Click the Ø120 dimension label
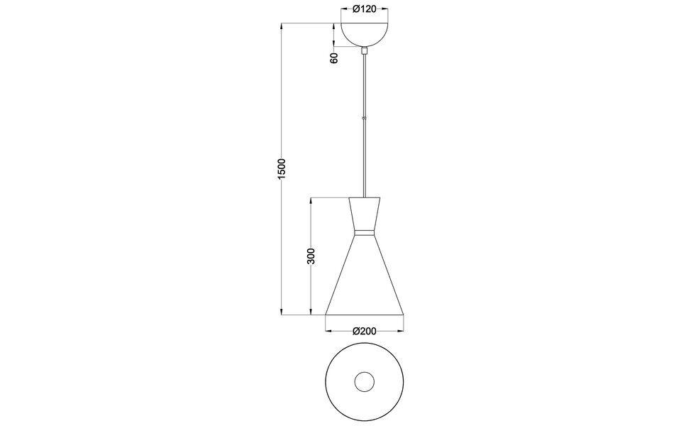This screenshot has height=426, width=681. pyautogui.click(x=365, y=10)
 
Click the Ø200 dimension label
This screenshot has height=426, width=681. pyautogui.click(x=364, y=331)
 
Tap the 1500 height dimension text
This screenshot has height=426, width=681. pyautogui.click(x=281, y=168)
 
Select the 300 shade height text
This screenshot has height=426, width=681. pyautogui.click(x=311, y=256)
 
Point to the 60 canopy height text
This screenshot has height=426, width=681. pyautogui.click(x=334, y=58)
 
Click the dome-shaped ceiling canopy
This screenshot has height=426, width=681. pyautogui.click(x=365, y=34)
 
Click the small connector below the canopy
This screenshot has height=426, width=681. pyautogui.click(x=365, y=51)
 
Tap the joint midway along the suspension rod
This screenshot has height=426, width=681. pyautogui.click(x=365, y=118)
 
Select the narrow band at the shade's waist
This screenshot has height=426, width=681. pyautogui.click(x=365, y=232)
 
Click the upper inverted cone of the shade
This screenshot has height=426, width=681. pyautogui.click(x=365, y=213)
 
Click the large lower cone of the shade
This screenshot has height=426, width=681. pyautogui.click(x=365, y=280)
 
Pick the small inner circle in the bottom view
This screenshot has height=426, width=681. pyautogui.click(x=365, y=381)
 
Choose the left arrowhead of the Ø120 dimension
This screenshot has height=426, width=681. pyautogui.click(x=344, y=10)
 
